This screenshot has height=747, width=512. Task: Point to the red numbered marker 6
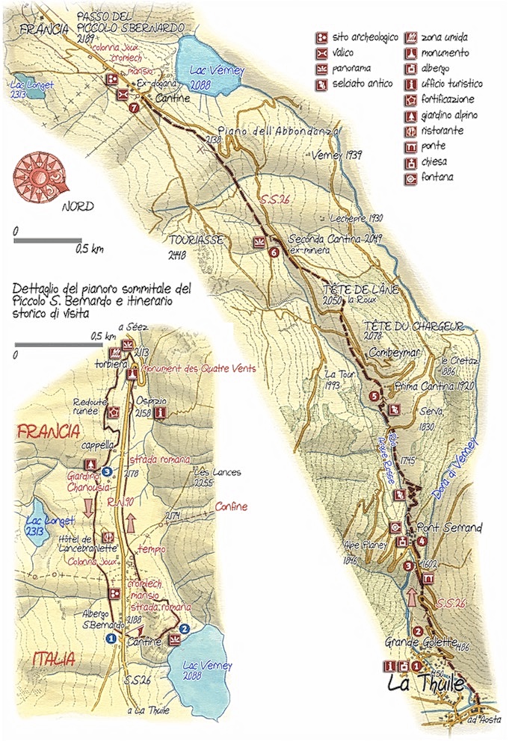pyautogui.click(x=274, y=252)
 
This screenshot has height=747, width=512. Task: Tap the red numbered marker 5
pyautogui.click(x=375, y=396)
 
